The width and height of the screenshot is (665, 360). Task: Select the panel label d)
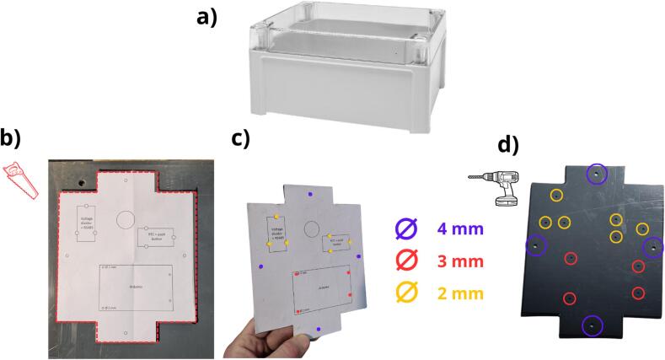(x=507, y=145)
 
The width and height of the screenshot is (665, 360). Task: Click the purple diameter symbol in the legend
(x=407, y=228)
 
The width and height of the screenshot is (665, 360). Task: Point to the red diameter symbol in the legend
(x=407, y=261)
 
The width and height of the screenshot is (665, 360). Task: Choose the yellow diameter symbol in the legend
(x=407, y=293)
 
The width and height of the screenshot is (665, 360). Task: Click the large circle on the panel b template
(x=125, y=219)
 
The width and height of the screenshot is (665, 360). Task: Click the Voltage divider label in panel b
(x=88, y=221)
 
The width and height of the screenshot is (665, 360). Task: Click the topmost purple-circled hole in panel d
(x=596, y=173)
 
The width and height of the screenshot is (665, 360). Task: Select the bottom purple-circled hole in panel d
(x=593, y=325)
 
